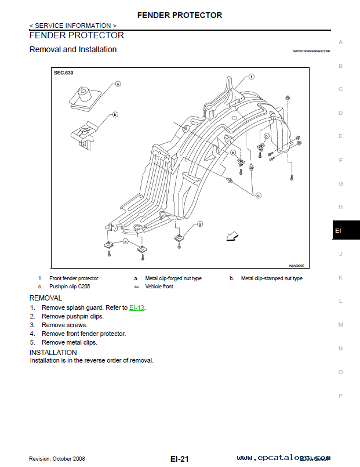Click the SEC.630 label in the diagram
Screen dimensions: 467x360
click(x=64, y=74)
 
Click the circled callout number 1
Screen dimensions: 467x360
click(x=252, y=77)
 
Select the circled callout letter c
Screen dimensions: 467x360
click(x=259, y=196)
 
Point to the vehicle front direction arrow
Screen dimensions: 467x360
click(x=232, y=236)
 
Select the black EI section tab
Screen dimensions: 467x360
click(x=346, y=230)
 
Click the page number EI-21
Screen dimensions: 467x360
click(x=180, y=459)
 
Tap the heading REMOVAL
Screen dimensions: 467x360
click(x=45, y=298)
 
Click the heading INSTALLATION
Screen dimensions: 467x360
click(x=53, y=352)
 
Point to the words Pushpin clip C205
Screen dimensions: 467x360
click(x=68, y=287)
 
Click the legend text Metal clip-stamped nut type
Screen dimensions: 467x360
click(x=271, y=278)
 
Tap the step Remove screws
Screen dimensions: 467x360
click(x=64, y=325)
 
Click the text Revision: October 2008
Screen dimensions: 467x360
click(x=57, y=459)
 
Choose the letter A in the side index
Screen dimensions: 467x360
click(x=341, y=42)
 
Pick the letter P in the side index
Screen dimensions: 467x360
click(x=341, y=396)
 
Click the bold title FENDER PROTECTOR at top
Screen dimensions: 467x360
click(x=180, y=15)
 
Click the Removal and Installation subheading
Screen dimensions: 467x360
click(x=72, y=50)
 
